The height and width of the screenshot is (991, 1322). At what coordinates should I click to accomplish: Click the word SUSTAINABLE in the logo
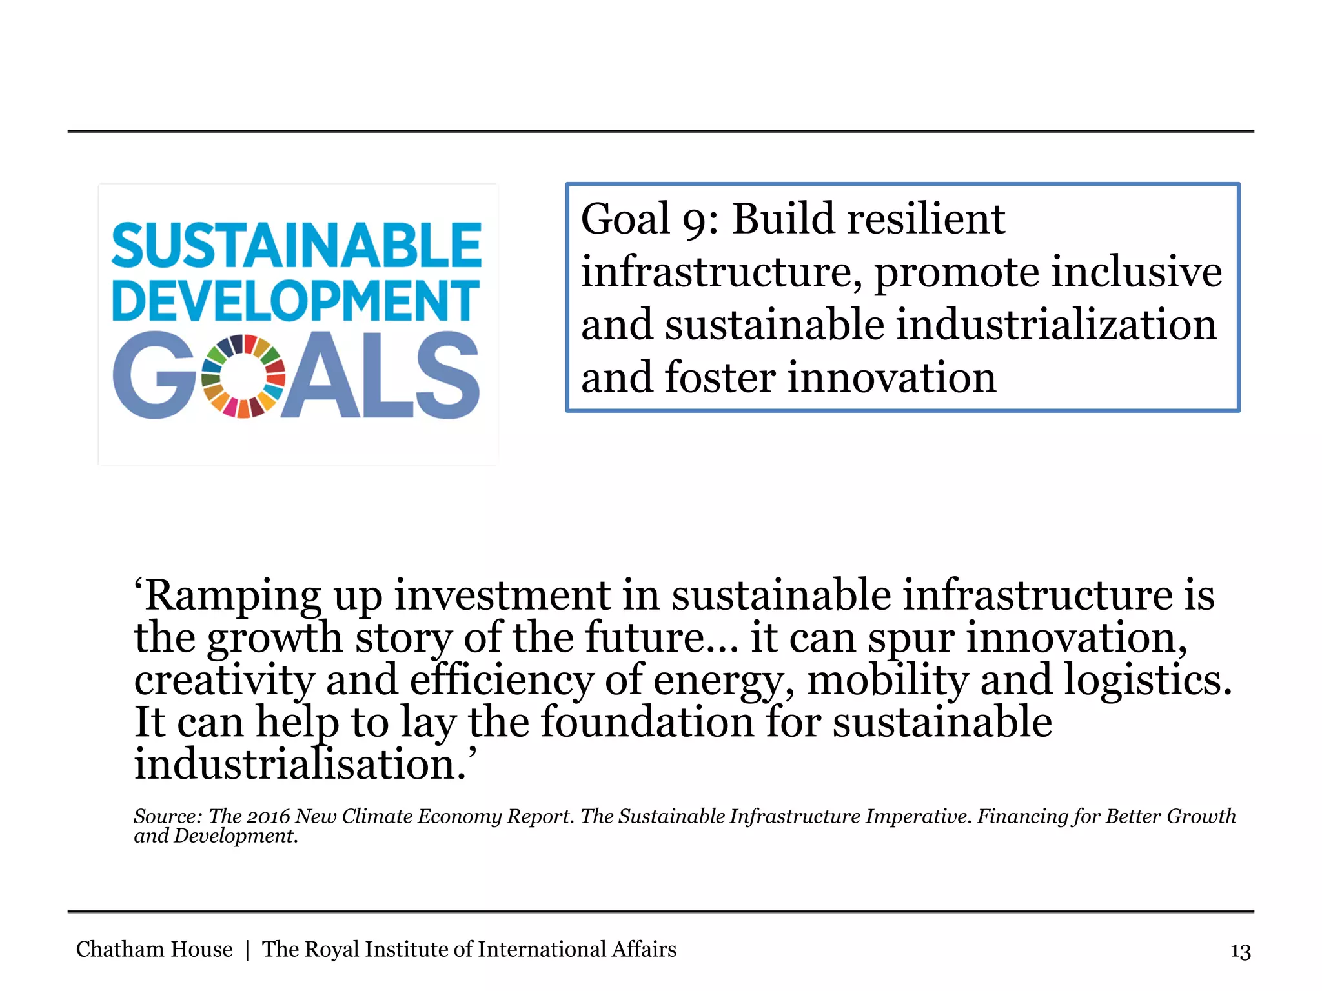tap(296, 245)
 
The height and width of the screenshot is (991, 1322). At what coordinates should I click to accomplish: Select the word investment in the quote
tap(502, 595)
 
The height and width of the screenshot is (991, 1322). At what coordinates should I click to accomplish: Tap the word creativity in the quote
tap(224, 681)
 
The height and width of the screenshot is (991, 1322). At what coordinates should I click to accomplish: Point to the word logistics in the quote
tap(1148, 681)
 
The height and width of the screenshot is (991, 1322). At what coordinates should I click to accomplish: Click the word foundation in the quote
tap(647, 722)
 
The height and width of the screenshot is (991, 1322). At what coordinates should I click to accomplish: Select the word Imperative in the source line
tap(918, 817)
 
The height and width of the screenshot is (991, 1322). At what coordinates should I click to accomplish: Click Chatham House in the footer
tap(154, 950)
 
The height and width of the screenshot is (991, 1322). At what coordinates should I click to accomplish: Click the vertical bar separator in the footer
tap(247, 950)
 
